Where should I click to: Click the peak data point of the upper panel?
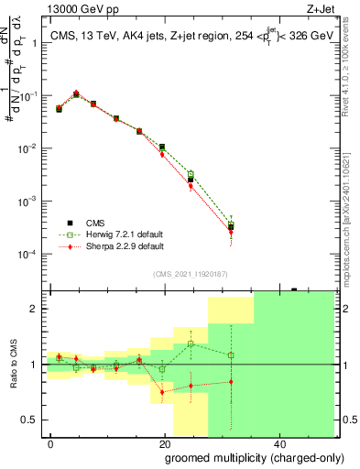pos(76,93)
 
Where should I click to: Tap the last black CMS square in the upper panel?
pos(231,228)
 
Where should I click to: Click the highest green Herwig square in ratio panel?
pos(191,344)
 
